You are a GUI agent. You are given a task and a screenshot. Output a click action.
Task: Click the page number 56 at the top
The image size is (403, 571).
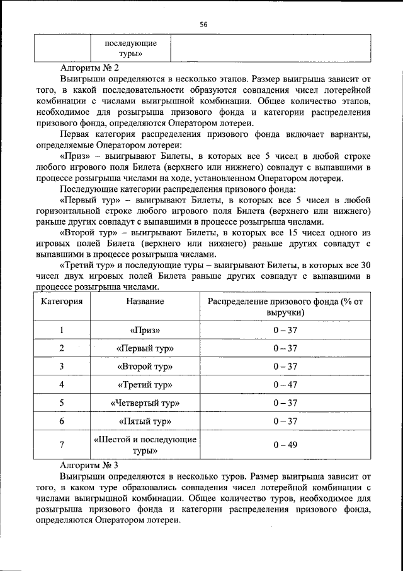point(203,24)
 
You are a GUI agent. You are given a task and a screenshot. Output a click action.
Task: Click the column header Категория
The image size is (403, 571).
point(62,302)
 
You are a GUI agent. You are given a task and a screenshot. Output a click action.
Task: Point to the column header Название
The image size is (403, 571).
point(145,302)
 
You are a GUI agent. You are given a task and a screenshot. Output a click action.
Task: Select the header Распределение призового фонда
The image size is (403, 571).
point(285,307)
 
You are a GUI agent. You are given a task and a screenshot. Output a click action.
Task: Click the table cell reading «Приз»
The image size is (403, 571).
point(145,330)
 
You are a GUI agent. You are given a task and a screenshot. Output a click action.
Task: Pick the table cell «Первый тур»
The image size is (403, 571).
point(145,348)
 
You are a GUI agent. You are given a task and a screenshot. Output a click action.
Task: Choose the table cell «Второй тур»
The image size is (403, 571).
point(145,367)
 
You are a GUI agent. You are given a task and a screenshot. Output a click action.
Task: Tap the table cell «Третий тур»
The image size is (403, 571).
point(145,385)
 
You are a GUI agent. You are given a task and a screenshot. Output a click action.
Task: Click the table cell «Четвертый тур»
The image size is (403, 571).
point(145,403)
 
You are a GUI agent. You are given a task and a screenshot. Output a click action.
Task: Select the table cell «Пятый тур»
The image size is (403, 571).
point(145,421)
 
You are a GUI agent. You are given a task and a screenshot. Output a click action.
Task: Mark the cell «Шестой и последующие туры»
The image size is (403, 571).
point(145,445)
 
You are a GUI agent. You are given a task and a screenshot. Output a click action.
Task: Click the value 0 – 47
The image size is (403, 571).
point(285,385)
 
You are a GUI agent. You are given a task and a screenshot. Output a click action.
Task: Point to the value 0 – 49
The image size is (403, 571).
point(285,445)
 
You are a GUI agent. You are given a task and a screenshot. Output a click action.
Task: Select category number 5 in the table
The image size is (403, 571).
point(62,403)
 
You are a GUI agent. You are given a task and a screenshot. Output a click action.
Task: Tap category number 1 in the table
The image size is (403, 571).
point(62,330)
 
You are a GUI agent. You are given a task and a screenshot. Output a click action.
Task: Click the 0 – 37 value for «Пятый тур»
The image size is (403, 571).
point(285,421)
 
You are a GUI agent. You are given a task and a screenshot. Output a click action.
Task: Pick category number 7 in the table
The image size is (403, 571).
point(62,445)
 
